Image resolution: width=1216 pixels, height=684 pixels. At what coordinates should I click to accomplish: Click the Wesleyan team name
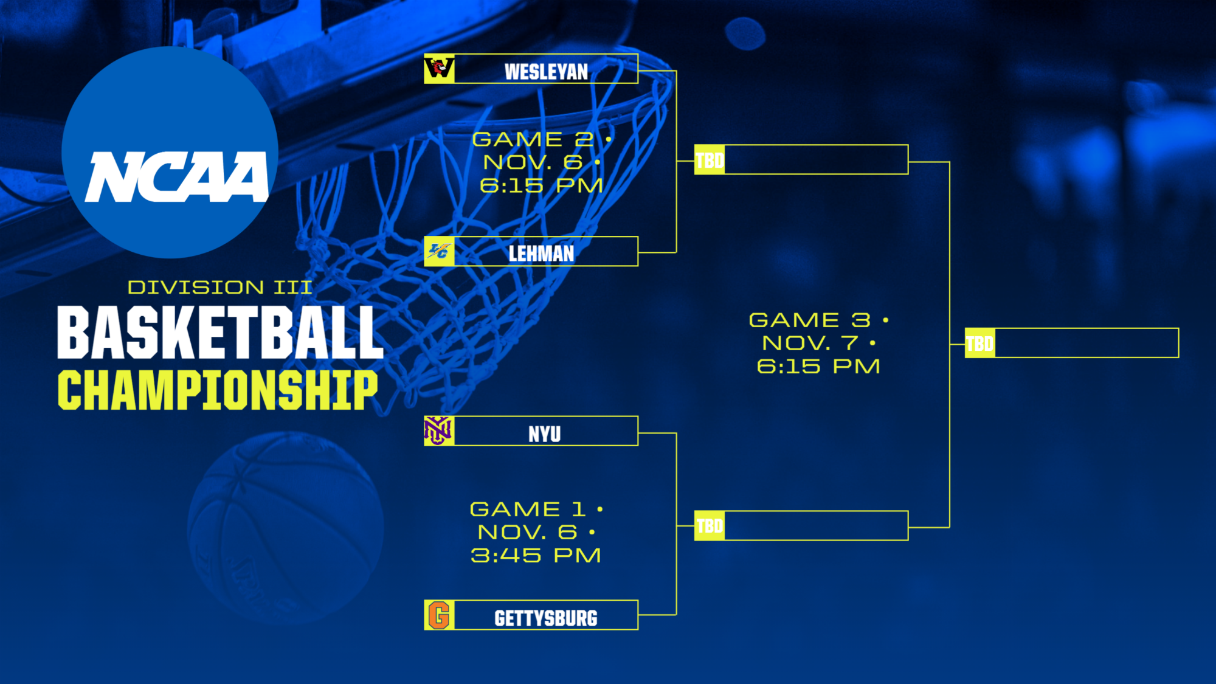[x=546, y=71]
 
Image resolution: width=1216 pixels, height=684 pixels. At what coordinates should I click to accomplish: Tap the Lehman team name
[x=541, y=253]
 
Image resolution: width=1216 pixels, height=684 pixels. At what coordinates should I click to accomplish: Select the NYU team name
[x=544, y=434]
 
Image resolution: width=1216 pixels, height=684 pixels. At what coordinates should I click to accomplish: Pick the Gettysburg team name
[x=545, y=618]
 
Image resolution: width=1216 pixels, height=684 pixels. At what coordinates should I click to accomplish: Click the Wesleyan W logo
[x=439, y=69]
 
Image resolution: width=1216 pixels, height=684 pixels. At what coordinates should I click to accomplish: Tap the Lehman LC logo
[x=439, y=251]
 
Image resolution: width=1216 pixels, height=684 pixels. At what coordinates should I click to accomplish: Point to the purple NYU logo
[x=438, y=431]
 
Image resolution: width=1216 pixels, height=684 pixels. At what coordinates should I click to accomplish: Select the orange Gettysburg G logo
[x=439, y=615]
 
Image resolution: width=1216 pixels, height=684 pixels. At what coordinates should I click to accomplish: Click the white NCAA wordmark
[x=176, y=176]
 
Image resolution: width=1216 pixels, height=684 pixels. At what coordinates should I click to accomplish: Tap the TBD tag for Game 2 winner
[x=710, y=160]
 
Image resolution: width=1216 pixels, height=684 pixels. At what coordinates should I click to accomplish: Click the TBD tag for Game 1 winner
[x=710, y=526]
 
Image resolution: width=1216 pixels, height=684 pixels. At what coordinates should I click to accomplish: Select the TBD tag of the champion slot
[x=980, y=344]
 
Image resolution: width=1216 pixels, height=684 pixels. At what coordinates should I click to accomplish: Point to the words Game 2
[x=533, y=139]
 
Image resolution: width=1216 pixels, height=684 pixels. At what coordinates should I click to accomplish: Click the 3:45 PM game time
[x=536, y=555]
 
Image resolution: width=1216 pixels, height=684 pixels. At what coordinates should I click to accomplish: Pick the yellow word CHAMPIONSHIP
[x=218, y=390]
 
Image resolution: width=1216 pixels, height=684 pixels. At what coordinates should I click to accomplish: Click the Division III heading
[x=219, y=287]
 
